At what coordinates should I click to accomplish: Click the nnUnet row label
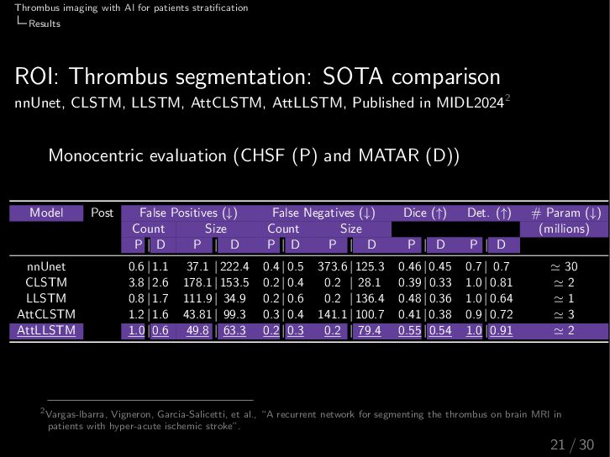tap(46, 266)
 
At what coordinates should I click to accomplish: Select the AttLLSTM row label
tap(46, 330)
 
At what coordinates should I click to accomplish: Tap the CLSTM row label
tap(46, 282)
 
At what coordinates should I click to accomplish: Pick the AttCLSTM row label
tap(46, 314)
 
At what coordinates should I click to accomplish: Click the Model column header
tap(46, 213)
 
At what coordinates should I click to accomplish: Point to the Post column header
tap(102, 213)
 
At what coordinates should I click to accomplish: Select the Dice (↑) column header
tap(427, 213)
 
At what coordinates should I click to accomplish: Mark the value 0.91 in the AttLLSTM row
tap(501, 330)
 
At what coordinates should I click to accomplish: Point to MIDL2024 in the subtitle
tap(468, 104)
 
